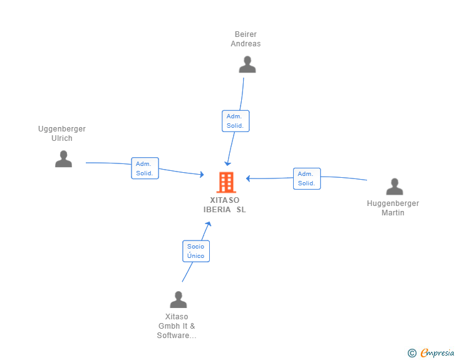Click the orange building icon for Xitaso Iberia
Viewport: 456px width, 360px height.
(x=226, y=182)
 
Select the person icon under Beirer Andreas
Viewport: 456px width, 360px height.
(x=247, y=64)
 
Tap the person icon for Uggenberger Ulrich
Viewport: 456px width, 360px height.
(x=63, y=159)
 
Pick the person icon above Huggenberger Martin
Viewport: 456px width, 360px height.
(x=395, y=187)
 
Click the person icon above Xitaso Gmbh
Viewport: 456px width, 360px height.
(x=179, y=299)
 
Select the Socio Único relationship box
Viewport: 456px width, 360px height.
(x=196, y=251)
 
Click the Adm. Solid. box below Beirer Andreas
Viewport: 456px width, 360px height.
(x=236, y=121)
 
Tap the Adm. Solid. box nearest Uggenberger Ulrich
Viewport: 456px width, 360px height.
(x=145, y=168)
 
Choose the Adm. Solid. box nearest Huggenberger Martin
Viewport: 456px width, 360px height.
(x=307, y=178)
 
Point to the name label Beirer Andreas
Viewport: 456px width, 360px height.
(x=246, y=39)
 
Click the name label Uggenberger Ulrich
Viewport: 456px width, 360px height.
(x=62, y=133)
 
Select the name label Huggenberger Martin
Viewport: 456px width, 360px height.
(x=393, y=208)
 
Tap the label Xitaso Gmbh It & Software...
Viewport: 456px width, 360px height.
(x=177, y=326)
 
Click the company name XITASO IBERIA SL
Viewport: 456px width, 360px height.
(x=224, y=205)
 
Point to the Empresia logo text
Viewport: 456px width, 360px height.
(x=437, y=353)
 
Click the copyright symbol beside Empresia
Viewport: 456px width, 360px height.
(x=412, y=353)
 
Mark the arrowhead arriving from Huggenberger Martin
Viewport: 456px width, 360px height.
(x=248, y=178)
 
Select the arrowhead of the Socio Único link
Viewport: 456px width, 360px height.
(x=208, y=224)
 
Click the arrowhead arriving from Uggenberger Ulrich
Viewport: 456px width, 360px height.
(x=202, y=175)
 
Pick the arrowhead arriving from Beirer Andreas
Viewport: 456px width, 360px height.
(x=228, y=163)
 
